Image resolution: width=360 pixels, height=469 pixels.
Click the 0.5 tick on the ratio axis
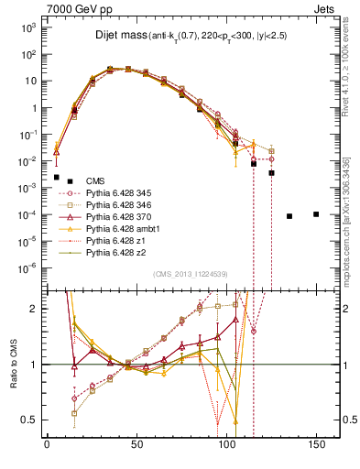[x=31, y=420]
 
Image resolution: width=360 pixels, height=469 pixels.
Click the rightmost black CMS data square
[x=316, y=214]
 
